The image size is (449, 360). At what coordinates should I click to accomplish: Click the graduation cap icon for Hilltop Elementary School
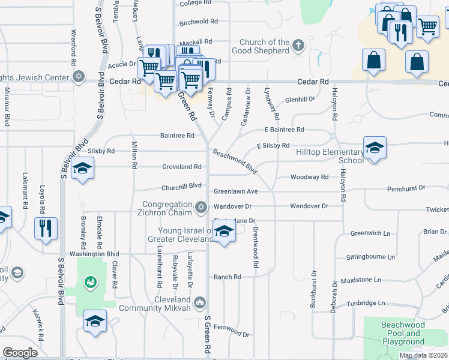click(x=374, y=148)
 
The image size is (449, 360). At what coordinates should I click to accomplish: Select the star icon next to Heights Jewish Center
click(x=77, y=77)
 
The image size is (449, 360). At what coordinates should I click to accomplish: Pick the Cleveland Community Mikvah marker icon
click(x=200, y=301)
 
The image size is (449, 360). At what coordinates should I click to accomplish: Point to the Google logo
click(x=20, y=353)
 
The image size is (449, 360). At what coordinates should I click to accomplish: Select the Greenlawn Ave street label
click(x=236, y=191)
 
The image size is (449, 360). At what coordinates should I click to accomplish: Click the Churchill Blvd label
click(x=181, y=185)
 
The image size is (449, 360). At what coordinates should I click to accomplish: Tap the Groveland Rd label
click(x=181, y=167)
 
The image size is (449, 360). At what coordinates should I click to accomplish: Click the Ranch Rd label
click(x=228, y=277)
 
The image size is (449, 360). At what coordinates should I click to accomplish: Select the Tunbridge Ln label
click(x=363, y=304)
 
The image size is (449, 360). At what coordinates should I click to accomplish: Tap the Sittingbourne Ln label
click(x=370, y=257)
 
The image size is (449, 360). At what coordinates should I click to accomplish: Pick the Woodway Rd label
click(x=309, y=177)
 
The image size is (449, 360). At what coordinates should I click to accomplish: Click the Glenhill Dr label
click(x=300, y=100)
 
